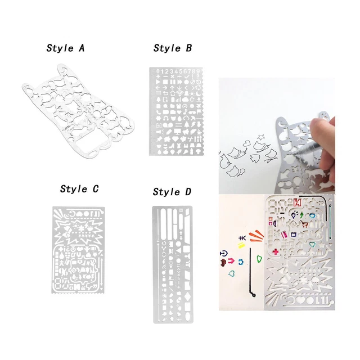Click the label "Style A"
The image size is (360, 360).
pos(65,48)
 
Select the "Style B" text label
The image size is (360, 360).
pos(173,48)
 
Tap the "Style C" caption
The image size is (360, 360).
pos(82,188)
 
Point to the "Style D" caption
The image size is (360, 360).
pos(172,192)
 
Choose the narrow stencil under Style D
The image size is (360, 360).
pos(172,264)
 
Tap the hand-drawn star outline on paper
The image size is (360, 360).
pos(262,136)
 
